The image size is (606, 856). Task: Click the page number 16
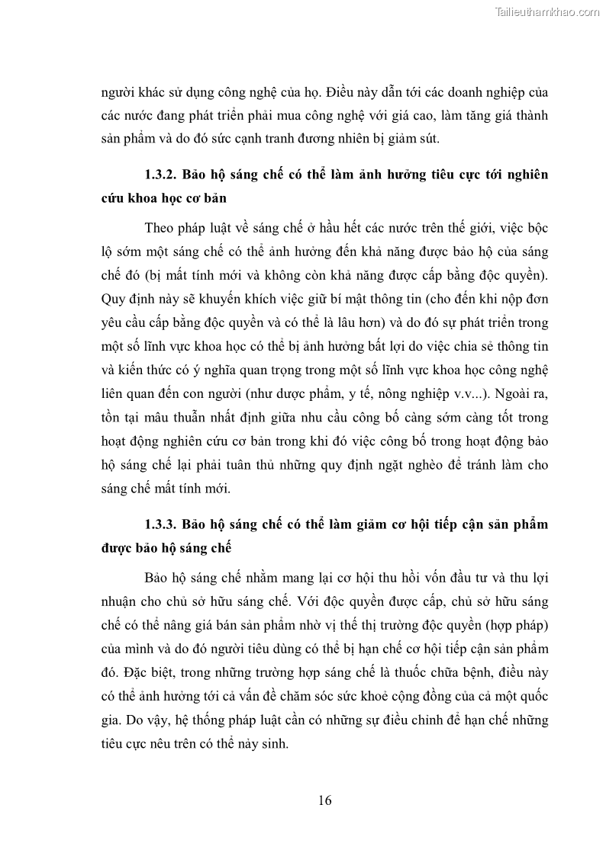pyautogui.click(x=324, y=800)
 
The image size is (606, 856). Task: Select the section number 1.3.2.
pyautogui.click(x=160, y=174)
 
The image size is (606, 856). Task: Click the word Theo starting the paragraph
pyautogui.click(x=159, y=228)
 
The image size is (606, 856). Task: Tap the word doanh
pyautogui.click(x=443, y=93)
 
